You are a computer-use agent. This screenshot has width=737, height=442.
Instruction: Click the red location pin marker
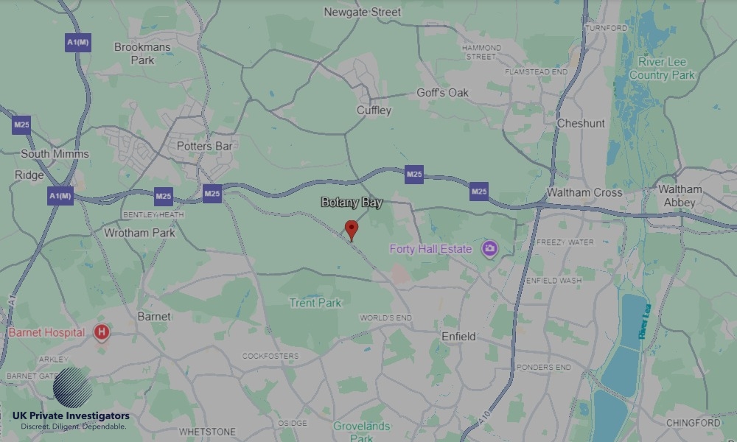point(352,228)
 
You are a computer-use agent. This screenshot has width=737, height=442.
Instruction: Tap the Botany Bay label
point(352,203)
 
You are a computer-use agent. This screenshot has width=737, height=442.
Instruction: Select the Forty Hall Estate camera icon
point(489,249)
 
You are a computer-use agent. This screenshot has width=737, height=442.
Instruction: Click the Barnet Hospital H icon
point(102,333)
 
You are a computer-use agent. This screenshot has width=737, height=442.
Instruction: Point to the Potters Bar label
point(204,147)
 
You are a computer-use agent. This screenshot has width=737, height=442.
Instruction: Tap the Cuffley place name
point(374,110)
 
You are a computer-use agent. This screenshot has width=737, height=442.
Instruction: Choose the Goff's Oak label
point(442,93)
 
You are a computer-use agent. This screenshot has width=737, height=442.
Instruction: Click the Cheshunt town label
point(581,124)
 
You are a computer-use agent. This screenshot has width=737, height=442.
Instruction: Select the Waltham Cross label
point(584,193)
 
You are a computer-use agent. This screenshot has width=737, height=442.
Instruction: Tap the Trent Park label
point(315,303)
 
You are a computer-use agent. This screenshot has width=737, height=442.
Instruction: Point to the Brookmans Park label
point(142,53)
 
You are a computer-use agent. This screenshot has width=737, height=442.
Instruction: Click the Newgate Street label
point(363,12)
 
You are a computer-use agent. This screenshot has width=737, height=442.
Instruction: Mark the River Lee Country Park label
point(662,69)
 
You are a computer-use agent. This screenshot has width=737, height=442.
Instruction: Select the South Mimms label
point(55,154)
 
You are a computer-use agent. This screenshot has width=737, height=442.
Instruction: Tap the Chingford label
point(693,423)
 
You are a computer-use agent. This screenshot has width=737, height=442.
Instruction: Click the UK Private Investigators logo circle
point(72,388)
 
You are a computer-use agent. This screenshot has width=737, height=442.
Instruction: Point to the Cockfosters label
point(270,356)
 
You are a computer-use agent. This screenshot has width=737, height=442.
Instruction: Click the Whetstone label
point(207,432)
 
